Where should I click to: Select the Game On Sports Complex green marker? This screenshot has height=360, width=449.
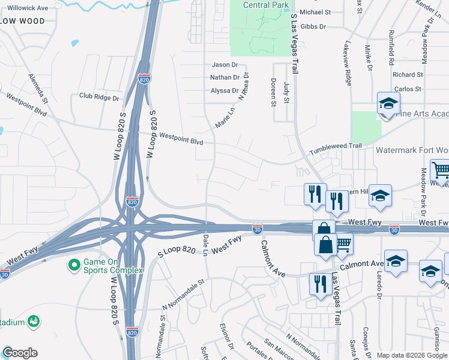(x=74, y=264)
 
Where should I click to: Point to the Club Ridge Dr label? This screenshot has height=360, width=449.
(x=99, y=97)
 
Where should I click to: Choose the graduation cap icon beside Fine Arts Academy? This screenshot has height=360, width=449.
(x=388, y=104)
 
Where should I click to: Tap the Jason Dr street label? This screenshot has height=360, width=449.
(x=225, y=64)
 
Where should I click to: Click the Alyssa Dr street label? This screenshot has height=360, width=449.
(x=224, y=91)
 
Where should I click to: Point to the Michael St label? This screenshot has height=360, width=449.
(x=315, y=12)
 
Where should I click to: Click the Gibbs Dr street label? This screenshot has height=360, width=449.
(x=313, y=27)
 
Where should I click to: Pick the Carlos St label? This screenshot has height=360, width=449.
(x=408, y=89)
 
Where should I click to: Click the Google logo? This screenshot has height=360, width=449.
(x=20, y=353)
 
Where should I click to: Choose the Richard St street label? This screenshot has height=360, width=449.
(x=408, y=75)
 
